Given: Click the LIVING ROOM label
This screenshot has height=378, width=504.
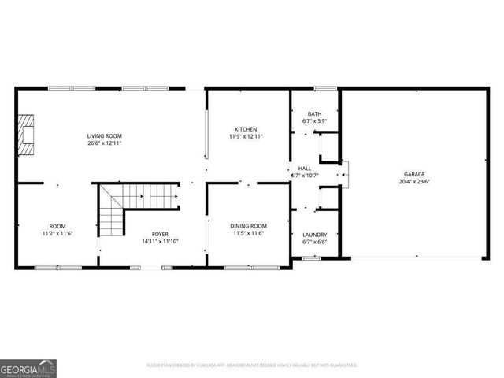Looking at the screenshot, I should click(x=104, y=136).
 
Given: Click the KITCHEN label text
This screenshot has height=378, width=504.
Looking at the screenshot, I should click(x=245, y=129).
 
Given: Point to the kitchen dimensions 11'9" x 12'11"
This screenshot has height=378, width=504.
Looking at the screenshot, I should click(x=245, y=136).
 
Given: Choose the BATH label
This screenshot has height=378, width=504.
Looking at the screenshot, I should click(x=314, y=114).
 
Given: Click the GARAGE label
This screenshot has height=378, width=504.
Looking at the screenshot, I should click(x=414, y=173).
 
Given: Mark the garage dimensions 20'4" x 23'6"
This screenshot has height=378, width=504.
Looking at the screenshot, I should click(x=414, y=180).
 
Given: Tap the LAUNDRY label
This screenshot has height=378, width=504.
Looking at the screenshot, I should click(x=314, y=235).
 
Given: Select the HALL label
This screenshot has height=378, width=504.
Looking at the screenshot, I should click(x=304, y=168).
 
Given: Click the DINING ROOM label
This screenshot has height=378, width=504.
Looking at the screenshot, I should click(x=248, y=226).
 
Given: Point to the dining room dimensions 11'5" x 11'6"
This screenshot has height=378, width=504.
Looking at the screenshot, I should click(x=248, y=233).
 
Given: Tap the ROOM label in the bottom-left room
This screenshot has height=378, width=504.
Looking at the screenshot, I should click(x=57, y=226).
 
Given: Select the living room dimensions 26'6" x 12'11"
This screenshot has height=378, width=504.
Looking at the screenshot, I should click(x=104, y=143).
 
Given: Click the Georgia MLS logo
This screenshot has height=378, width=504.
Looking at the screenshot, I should click(x=28, y=369).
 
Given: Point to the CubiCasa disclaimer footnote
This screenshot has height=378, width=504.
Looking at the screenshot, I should click(x=252, y=365).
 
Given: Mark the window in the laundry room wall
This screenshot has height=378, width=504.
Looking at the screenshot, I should click(x=312, y=258).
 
